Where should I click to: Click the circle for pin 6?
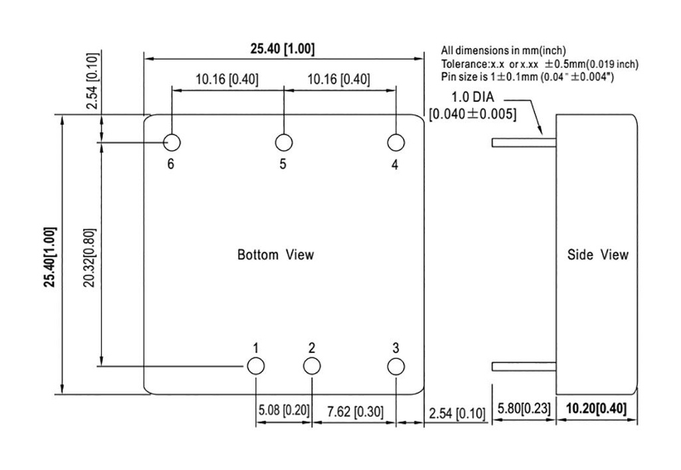(172, 142)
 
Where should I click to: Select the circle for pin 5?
(284, 142)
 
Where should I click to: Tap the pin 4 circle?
(396, 142)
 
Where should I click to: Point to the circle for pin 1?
(255, 366)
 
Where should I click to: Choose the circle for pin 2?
(311, 366)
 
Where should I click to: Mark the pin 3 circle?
(396, 366)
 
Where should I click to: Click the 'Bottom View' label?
(275, 255)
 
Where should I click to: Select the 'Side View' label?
(597, 255)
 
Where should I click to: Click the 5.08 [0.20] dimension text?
(283, 411)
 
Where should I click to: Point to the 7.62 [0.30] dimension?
(353, 411)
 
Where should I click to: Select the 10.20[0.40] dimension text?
(596, 409)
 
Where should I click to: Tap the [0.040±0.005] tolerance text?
(473, 114)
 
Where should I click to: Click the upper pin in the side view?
(523, 142)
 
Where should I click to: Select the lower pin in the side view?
(523, 366)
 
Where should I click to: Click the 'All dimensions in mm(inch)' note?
(503, 51)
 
